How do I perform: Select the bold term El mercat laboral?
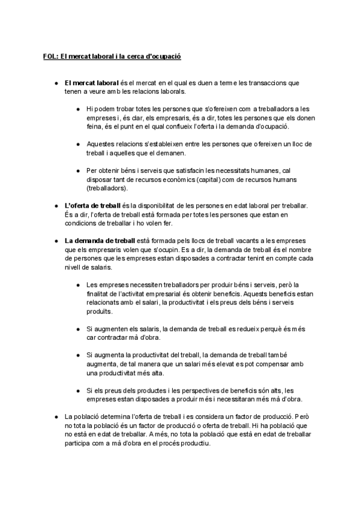(92, 83)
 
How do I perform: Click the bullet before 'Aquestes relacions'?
(79, 144)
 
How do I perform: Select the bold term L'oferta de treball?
(92, 206)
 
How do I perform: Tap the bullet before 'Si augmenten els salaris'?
(79, 328)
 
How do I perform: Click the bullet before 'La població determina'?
(55, 417)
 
